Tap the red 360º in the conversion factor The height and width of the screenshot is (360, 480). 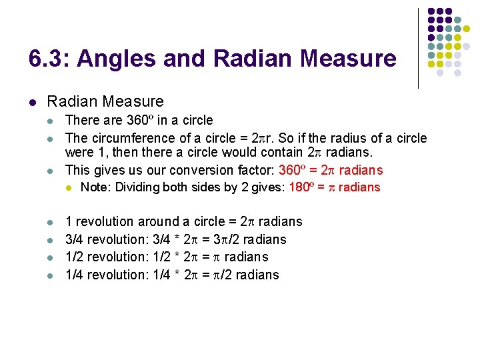294,170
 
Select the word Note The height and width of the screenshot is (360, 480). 94,187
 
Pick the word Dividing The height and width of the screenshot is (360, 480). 141,187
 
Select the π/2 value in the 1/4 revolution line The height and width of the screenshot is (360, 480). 220,275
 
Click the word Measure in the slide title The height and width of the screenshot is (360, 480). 348,59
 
